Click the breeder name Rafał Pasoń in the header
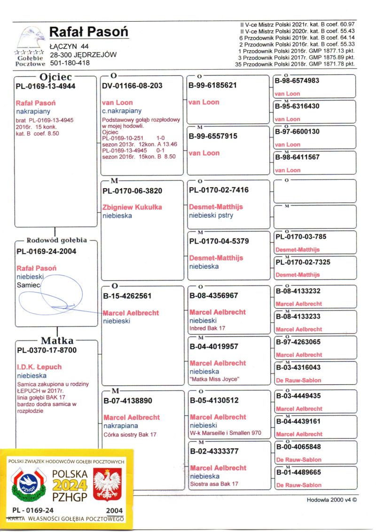[88, 32]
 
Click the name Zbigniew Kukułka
[132, 207]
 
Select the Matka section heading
[57, 341]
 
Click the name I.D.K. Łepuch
[39, 367]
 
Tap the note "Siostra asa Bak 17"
[214, 484]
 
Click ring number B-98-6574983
[298, 81]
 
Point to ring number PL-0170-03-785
[301, 237]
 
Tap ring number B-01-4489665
[298, 472]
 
